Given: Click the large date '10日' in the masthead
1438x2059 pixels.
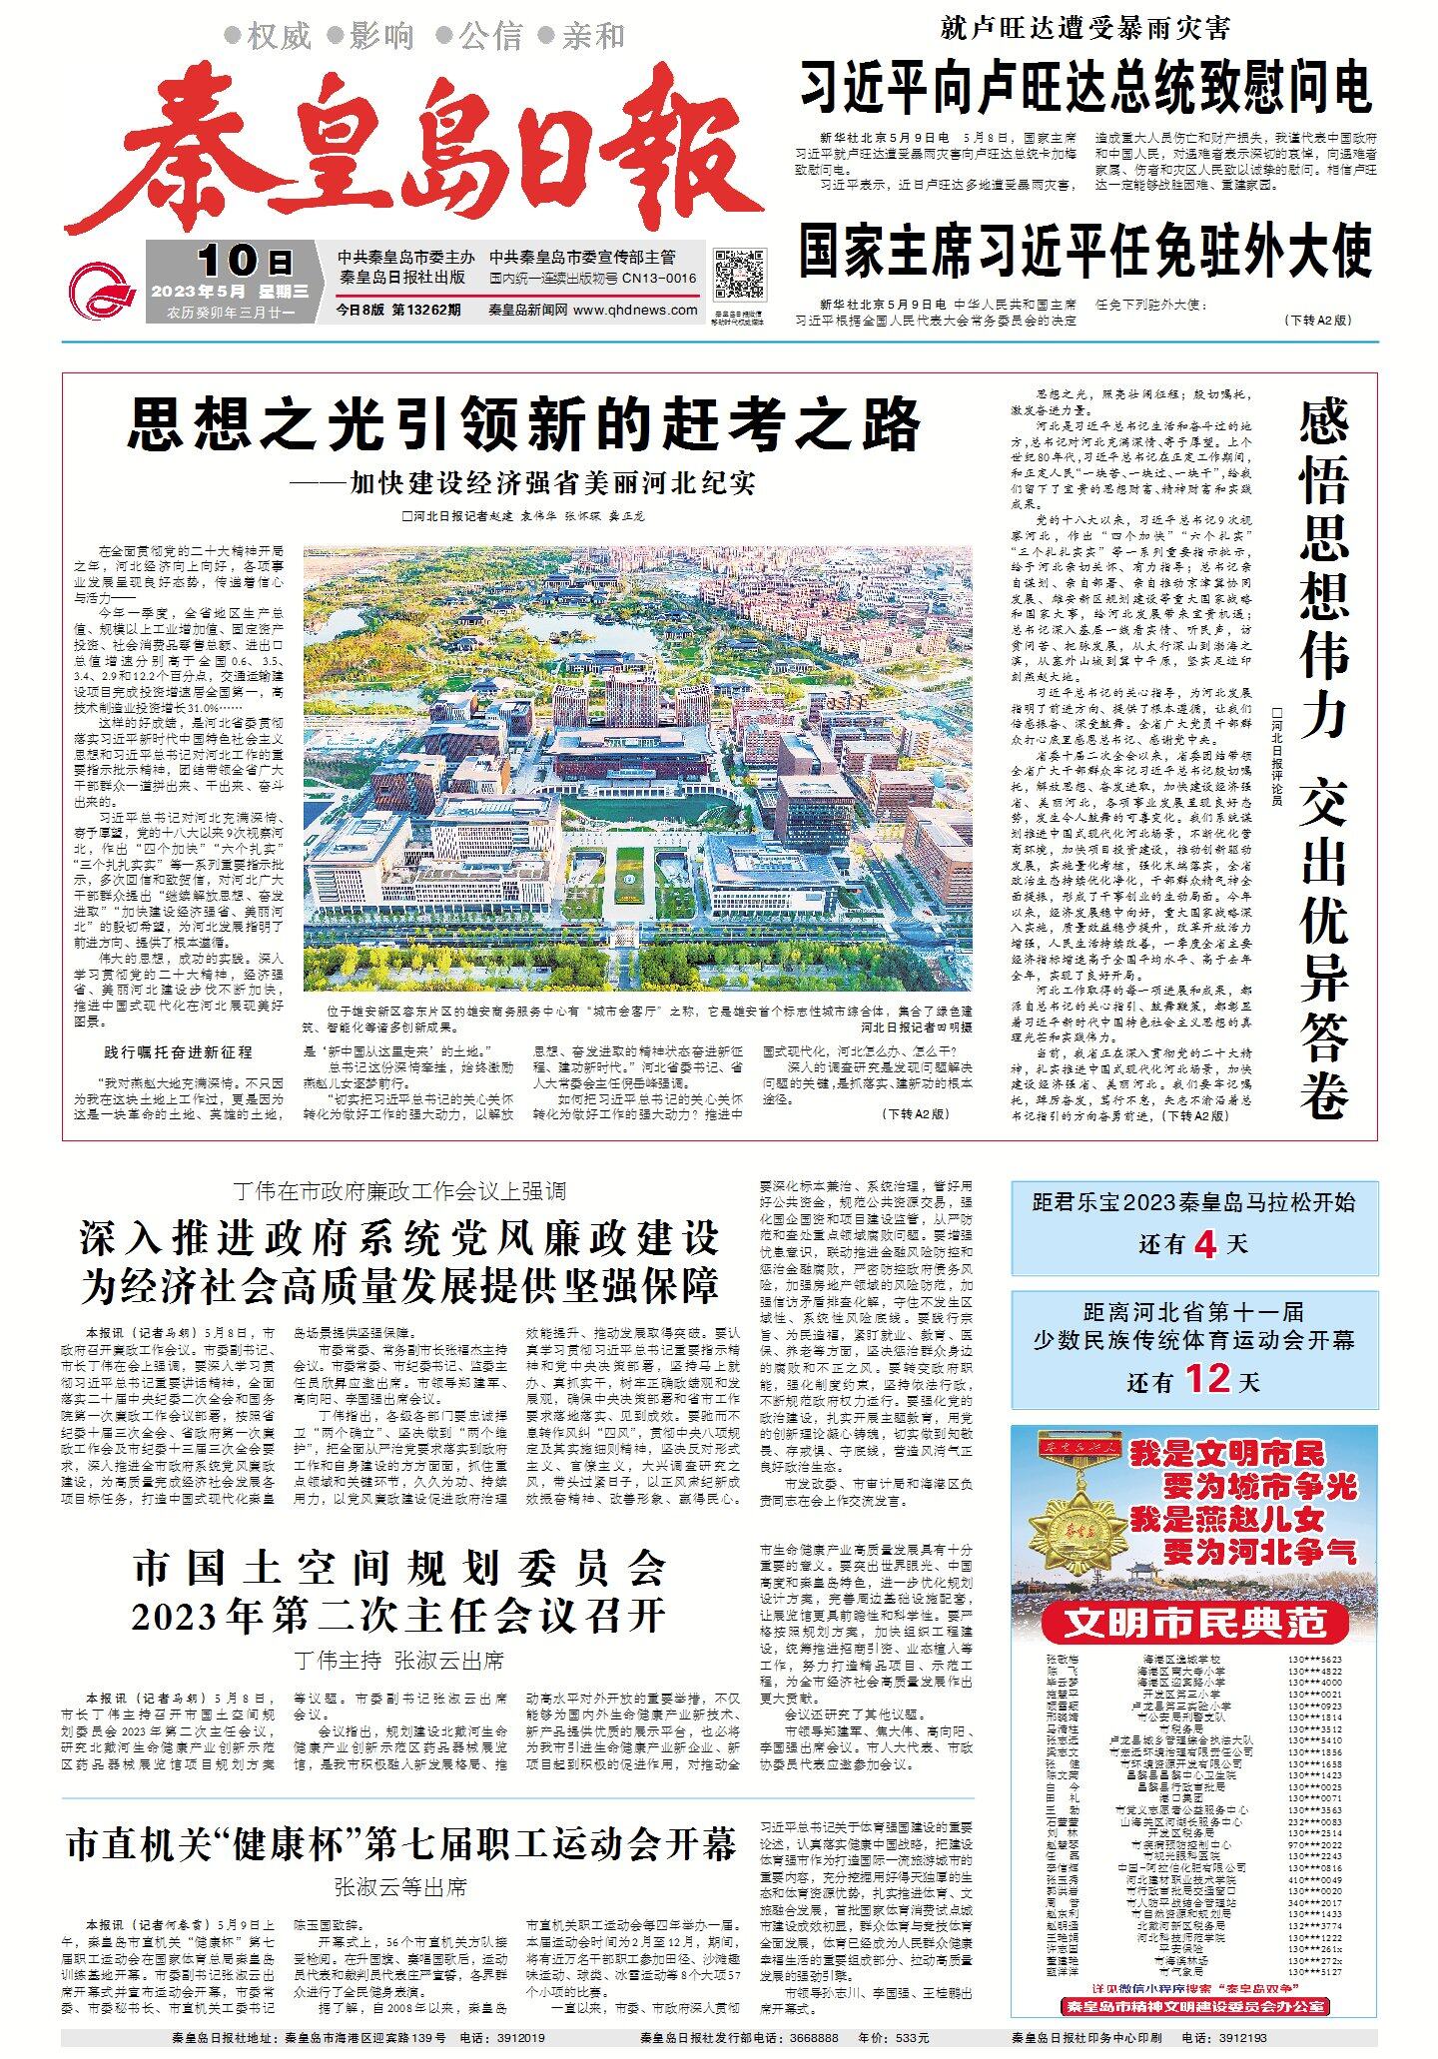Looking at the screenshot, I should coord(245,262).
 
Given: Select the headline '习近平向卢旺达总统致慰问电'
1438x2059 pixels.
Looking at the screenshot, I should coord(1085,87).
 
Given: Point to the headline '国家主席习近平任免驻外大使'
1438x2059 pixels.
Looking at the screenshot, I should coord(1085,251).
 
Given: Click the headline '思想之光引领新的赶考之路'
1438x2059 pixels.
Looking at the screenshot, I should coord(523,424).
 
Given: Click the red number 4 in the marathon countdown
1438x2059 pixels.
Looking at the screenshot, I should coord(1205,1244).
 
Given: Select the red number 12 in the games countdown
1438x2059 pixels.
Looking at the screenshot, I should coord(1207,1379).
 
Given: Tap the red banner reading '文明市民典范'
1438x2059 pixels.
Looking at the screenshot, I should coord(1194,1623).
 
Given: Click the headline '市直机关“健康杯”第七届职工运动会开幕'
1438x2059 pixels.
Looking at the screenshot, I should coord(401,1844).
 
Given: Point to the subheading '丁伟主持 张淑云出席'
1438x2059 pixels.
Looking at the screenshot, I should coord(399,1661).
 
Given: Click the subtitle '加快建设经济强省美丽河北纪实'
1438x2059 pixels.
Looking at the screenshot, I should coord(523,483).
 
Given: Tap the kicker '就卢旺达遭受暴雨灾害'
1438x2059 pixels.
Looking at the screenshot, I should coord(1085,27).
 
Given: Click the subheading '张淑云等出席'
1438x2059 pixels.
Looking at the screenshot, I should coord(401,1888).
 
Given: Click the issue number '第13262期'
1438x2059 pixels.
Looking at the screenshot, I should coord(427,311).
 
